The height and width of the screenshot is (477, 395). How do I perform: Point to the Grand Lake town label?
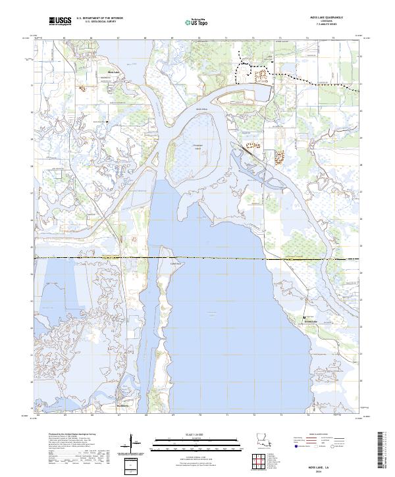tap(309, 321)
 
